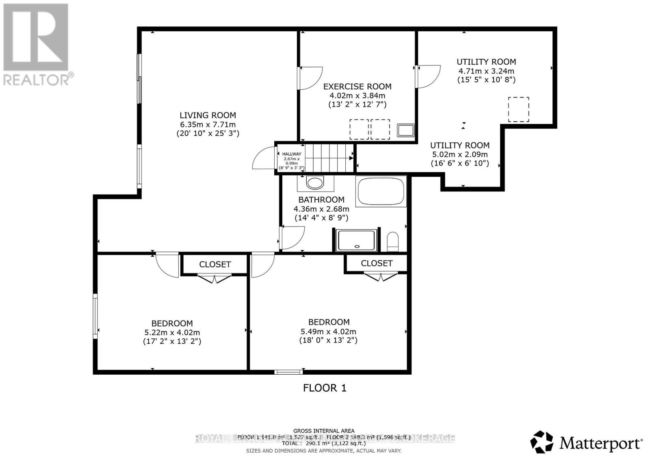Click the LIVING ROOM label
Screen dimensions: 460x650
click(x=208, y=115)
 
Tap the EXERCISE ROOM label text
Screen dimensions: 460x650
click(x=357, y=87)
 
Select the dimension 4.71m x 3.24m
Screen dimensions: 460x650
click(x=486, y=71)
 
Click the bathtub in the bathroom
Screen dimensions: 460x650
click(x=381, y=191)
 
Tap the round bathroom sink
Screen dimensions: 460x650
click(x=315, y=183)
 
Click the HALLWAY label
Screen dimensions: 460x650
click(x=292, y=154)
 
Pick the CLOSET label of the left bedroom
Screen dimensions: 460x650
click(x=215, y=265)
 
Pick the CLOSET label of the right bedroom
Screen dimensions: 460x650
click(x=377, y=263)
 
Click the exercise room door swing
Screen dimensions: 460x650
click(x=310, y=78)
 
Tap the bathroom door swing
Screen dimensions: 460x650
click(x=292, y=238)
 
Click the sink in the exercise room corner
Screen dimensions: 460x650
click(x=405, y=130)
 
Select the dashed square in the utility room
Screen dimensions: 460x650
click(x=519, y=109)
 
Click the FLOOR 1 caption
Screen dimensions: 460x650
click(x=325, y=388)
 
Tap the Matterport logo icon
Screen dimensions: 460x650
click(x=542, y=442)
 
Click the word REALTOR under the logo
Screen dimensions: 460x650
click(x=36, y=80)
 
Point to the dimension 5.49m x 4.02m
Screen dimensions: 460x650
click(x=328, y=332)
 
